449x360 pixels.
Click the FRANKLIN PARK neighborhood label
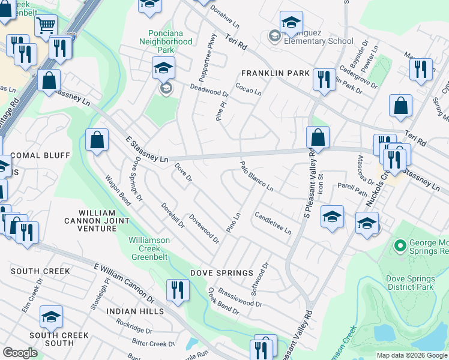coord(275,73)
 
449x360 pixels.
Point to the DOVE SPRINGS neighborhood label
coord(221,273)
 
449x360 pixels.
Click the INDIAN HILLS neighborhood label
coord(135,311)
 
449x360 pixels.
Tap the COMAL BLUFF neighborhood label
coord(34,155)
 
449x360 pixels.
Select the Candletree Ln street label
coord(273,223)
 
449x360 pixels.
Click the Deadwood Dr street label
coord(209,90)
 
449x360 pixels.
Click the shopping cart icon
coord(46,26)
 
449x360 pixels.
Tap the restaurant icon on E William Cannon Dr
coord(177,290)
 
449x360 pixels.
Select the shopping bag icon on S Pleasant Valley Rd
coord(318,137)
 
